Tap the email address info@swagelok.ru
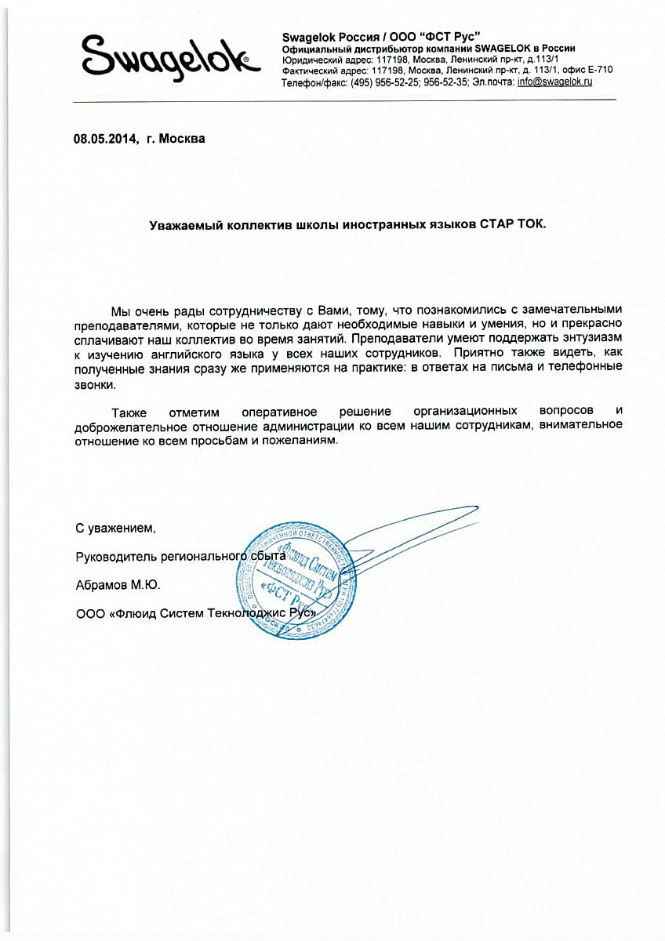click(554, 82)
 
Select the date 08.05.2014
click(104, 139)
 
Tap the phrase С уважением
click(115, 529)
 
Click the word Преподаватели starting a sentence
click(390, 340)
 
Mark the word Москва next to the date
click(182, 139)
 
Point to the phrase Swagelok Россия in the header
click(319, 37)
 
